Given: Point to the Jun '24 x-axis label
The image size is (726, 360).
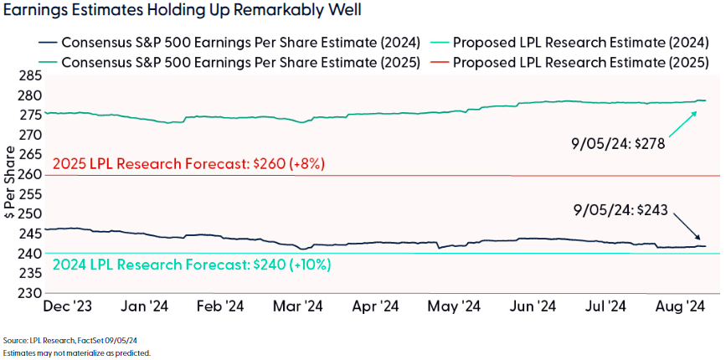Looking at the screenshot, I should [533, 306].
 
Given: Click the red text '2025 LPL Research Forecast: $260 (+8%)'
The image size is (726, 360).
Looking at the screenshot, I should [188, 164].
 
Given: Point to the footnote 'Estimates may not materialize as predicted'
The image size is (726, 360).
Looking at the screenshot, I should [75, 352].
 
